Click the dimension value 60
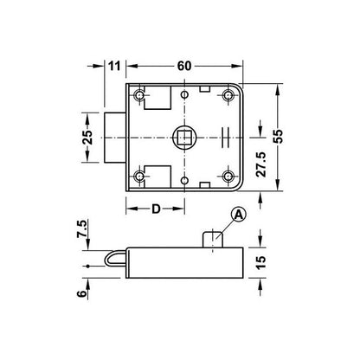point(184,66)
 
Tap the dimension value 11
point(114,66)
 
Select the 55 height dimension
point(279,137)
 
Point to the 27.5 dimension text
point(261,164)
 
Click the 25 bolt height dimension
point(87,138)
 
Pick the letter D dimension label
point(156,209)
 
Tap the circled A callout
point(238,215)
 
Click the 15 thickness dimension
point(260,262)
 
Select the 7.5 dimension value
point(81,228)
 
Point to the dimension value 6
point(81,293)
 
